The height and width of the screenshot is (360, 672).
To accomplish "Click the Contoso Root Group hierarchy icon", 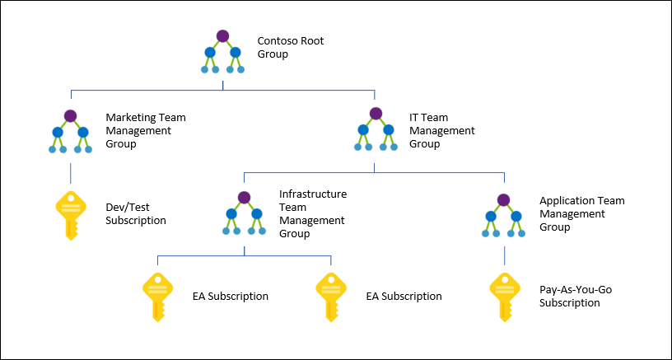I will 222,52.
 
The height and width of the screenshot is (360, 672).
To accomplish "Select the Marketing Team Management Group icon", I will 70,132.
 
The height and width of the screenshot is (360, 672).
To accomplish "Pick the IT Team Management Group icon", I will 376,132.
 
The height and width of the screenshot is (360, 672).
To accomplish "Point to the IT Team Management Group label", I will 442,131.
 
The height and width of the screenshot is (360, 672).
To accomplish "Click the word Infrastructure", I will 313,194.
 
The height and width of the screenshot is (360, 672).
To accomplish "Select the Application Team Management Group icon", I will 503,216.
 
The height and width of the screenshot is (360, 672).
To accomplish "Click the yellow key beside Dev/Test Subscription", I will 70,215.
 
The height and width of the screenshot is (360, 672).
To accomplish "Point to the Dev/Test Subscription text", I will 136,214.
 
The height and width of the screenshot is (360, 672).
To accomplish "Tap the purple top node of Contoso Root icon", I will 222,35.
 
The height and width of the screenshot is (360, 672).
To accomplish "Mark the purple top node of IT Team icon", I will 376,114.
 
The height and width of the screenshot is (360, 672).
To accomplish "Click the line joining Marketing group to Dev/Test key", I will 70,172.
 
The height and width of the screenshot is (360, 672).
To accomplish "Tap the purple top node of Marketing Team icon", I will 70,115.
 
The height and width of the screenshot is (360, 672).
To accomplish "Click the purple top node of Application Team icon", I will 503,199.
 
